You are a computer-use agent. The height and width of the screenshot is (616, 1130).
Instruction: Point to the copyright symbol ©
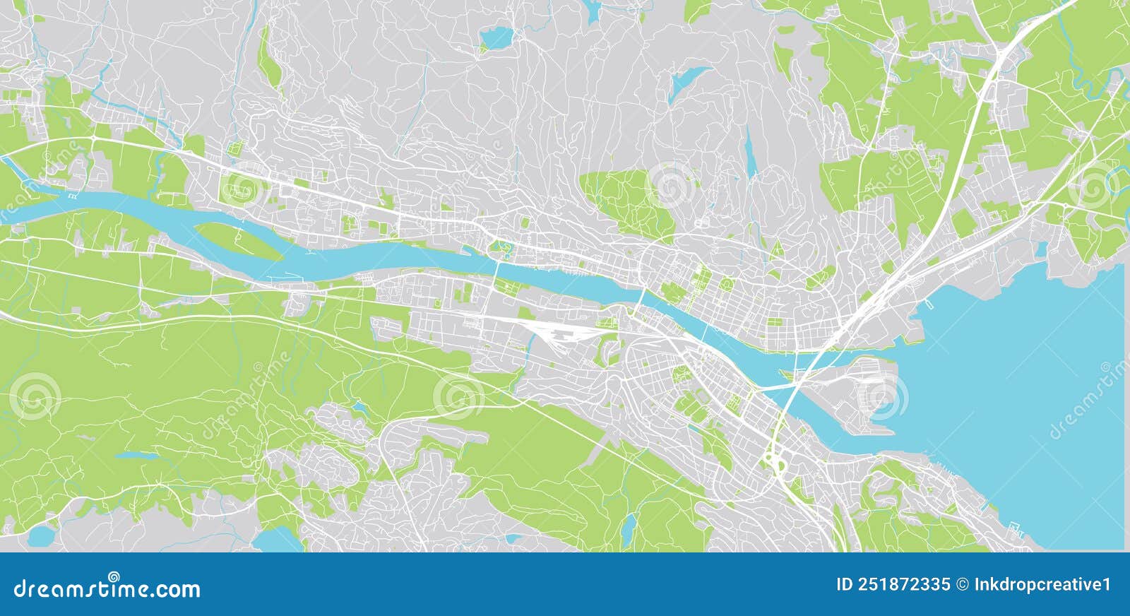962,584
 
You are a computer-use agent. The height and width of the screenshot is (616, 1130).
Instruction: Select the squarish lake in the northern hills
496,37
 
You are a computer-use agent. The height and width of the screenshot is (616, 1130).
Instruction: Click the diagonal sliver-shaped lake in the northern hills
689,79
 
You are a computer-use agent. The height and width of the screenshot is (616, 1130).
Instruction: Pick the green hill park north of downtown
629,201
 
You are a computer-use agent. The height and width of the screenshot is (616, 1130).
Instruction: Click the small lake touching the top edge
592,8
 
